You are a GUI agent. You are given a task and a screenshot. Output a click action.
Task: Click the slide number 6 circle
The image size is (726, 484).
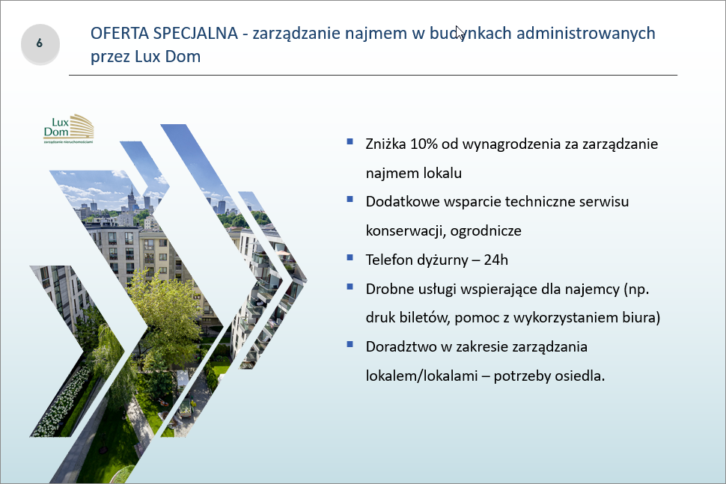40,44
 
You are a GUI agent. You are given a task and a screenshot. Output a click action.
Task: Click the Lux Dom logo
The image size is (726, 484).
69,129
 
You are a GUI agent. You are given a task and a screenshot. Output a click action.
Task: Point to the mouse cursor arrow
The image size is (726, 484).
460,32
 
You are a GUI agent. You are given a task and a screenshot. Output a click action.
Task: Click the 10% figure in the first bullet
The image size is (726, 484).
424,144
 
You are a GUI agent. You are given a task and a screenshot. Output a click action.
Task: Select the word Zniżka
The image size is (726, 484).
385,144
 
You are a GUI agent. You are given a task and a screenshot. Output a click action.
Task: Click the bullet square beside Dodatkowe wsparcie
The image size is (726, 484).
350,200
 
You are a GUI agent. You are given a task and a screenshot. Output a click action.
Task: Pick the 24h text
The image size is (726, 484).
496,260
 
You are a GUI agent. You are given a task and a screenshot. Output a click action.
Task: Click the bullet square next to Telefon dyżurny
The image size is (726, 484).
350,257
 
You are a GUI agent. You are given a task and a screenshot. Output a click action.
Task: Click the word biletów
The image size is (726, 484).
424,317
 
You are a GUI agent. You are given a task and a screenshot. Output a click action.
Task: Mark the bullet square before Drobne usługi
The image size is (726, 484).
350,287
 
